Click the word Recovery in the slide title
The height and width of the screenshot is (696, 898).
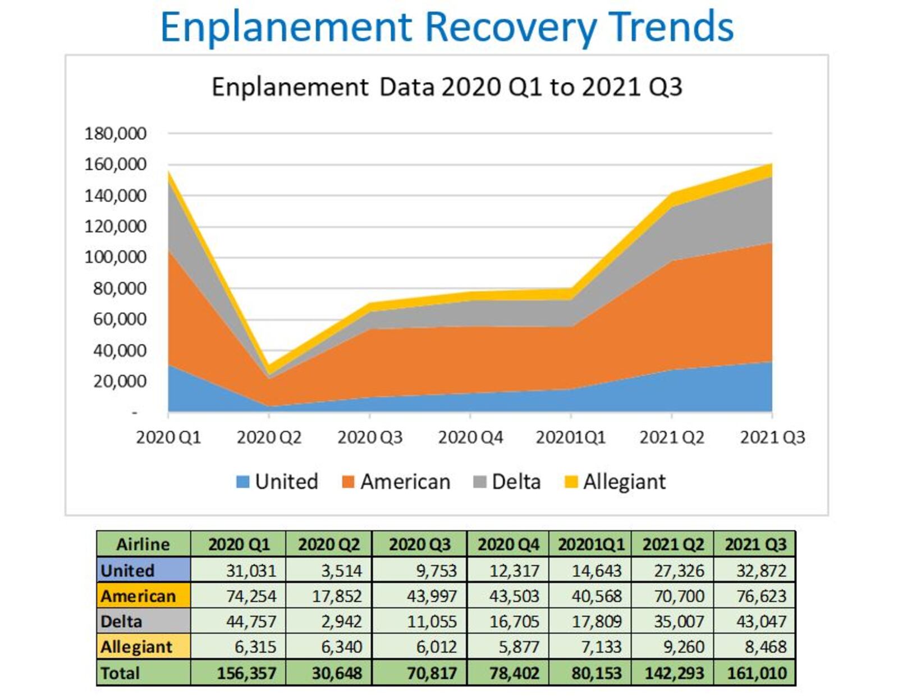(511, 27)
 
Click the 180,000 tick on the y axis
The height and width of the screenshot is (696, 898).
(115, 134)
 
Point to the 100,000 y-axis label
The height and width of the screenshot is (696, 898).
(115, 257)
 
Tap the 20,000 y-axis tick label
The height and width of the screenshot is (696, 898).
(120, 381)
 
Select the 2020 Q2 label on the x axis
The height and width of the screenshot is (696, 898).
(269, 437)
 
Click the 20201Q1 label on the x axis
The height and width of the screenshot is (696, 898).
(570, 437)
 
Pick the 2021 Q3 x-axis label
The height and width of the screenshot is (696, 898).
(772, 437)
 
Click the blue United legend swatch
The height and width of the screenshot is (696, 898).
(242, 482)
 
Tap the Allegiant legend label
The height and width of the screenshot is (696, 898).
(624, 482)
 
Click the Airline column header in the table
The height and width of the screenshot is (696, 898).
(143, 544)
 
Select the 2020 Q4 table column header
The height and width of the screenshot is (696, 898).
(508, 544)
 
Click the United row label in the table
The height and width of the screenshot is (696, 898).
(127, 570)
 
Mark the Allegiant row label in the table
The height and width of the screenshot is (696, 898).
(136, 647)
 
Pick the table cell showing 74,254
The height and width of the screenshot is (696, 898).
(251, 596)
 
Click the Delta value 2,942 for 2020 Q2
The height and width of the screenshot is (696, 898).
(341, 621)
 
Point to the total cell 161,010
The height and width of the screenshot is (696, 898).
(757, 672)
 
